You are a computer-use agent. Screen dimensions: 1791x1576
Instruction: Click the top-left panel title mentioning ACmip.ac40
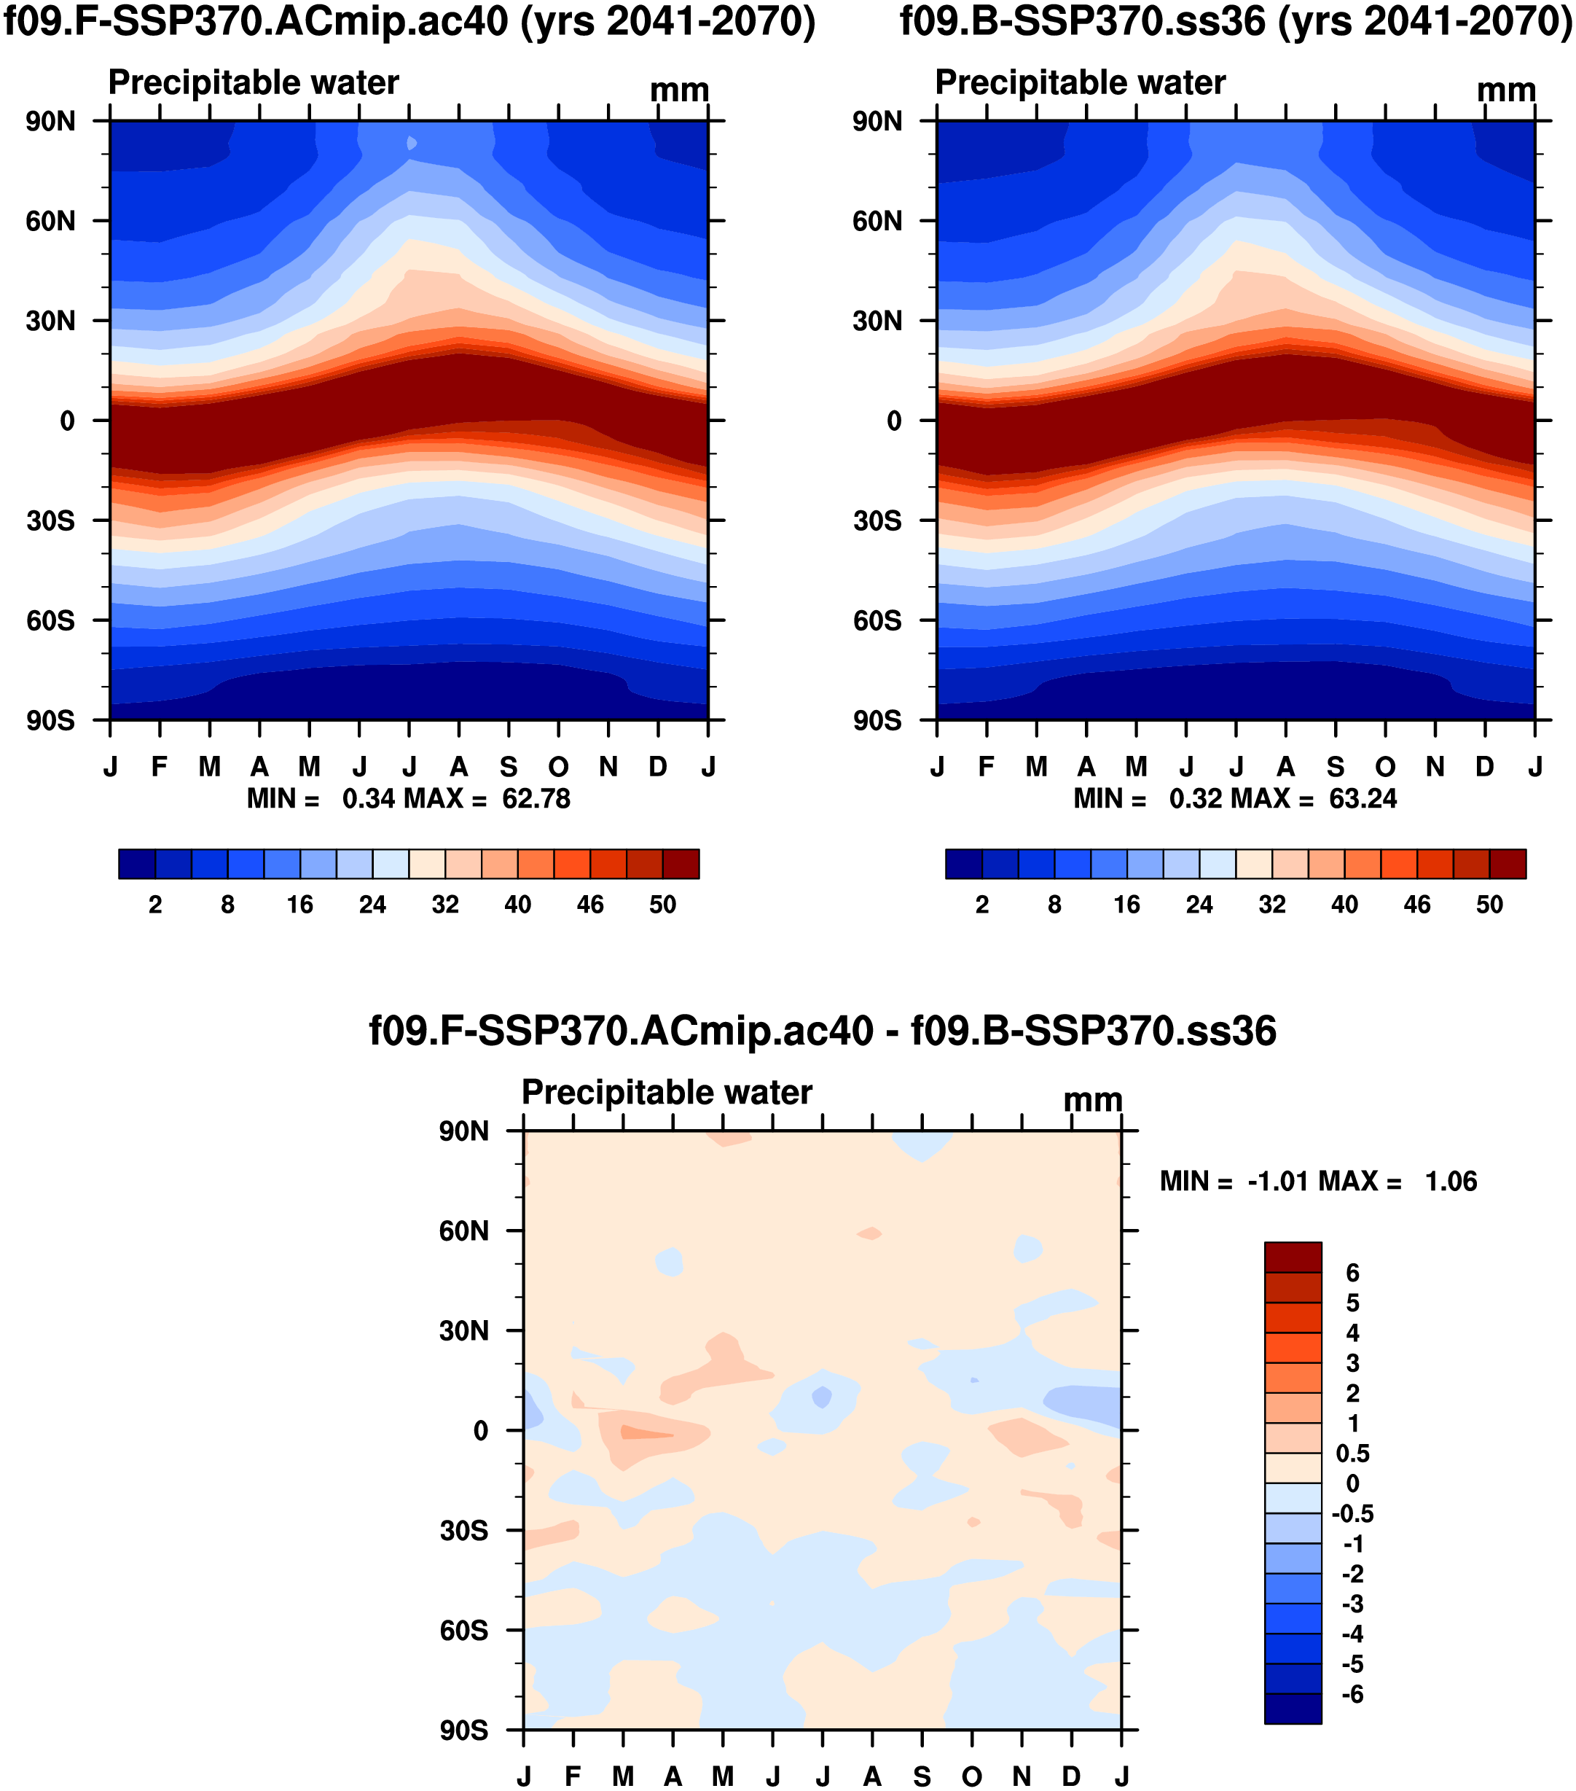(409, 21)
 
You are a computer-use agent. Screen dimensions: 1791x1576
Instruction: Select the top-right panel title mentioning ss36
(1235, 21)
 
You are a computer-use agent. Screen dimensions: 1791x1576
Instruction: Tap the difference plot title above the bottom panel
(822, 1031)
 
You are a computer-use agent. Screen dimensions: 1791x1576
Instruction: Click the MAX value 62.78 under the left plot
(536, 798)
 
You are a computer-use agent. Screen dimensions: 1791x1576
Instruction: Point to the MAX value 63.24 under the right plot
(1363, 798)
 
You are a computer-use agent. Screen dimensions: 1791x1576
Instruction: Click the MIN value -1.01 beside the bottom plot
(1279, 1181)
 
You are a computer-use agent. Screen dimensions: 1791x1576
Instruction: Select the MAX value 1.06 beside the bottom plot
(1451, 1181)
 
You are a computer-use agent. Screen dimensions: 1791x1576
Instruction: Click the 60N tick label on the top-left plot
(51, 221)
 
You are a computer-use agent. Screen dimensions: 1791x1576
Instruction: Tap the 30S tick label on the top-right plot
(878, 520)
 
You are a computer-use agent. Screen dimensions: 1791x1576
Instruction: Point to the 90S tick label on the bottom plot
(464, 1730)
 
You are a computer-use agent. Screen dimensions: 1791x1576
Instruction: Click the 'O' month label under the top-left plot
(558, 767)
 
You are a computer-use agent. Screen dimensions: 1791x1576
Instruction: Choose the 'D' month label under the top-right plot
(1485, 767)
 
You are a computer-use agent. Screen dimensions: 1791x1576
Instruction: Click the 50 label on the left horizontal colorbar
(662, 905)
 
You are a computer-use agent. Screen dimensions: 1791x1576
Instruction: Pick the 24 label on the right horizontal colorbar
(1199, 905)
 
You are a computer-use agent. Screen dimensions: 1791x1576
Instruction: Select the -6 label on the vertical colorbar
(1352, 1694)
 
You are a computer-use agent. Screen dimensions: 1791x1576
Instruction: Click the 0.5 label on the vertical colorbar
(1352, 1454)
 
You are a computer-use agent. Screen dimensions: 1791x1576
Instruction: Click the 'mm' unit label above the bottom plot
(1092, 1100)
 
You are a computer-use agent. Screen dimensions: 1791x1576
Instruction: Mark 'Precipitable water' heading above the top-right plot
(1080, 82)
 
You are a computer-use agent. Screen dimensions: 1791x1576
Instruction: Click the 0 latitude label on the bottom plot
(480, 1431)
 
